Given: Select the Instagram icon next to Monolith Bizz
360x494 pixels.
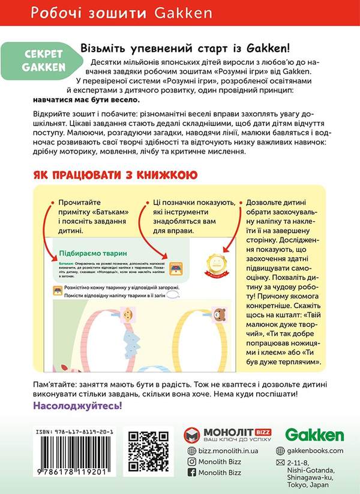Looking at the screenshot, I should [193, 461].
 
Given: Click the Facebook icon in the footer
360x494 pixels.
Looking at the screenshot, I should [193, 472].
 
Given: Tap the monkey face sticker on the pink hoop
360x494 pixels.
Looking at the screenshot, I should [128, 316].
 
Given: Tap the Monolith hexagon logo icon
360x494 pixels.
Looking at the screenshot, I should [193, 435].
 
